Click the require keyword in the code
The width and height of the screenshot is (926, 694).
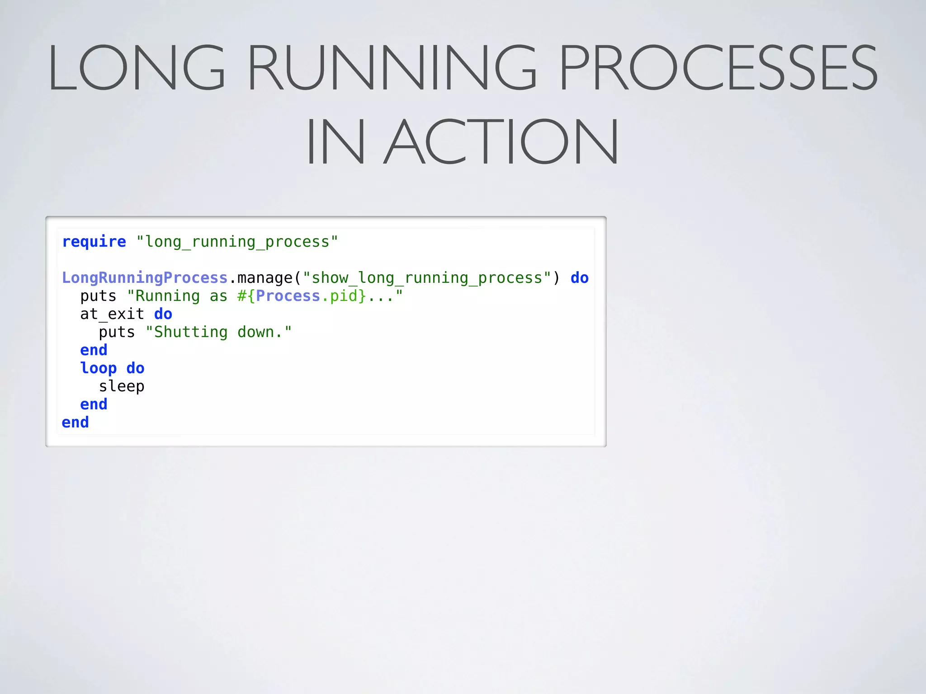(94, 242)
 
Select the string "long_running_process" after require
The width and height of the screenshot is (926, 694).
(237, 242)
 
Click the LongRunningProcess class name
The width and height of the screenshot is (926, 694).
(145, 278)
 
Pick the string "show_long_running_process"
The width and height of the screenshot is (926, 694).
(427, 278)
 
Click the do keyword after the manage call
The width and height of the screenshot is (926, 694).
(579, 278)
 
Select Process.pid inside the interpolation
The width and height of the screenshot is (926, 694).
(311, 296)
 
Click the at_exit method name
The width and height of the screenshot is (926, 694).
(112, 314)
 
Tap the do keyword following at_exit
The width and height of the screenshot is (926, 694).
(163, 314)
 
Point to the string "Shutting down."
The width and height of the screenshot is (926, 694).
(218, 332)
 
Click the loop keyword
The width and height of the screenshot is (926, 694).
(99, 368)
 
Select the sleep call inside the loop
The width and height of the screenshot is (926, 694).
(122, 386)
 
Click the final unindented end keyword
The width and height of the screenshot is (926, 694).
(75, 422)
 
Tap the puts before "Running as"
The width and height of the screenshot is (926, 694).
(98, 296)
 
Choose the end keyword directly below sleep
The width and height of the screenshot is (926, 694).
(94, 404)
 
